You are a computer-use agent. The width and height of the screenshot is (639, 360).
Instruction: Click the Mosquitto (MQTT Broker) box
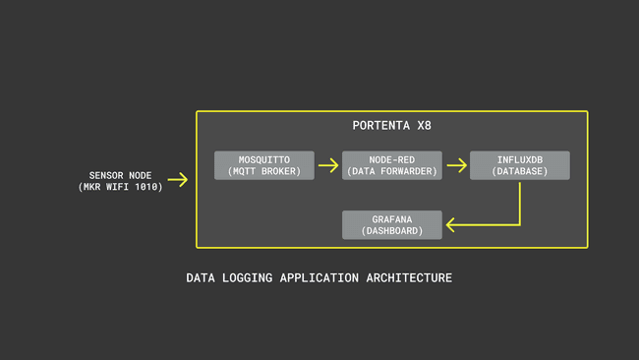(x=264, y=165)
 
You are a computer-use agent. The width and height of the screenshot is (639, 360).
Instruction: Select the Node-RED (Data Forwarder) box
(x=392, y=165)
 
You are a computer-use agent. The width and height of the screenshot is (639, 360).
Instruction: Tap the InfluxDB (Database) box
(x=519, y=165)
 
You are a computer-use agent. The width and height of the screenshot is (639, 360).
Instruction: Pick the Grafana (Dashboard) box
(x=392, y=224)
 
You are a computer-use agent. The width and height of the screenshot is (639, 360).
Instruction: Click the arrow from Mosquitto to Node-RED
(x=328, y=165)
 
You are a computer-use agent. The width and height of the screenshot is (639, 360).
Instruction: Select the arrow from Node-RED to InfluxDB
(x=456, y=165)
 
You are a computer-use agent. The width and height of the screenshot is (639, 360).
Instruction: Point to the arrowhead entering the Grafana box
(x=451, y=224)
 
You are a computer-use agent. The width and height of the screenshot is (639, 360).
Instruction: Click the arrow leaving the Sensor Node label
(x=178, y=180)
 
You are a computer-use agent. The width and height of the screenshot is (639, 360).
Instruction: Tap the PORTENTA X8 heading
(x=391, y=126)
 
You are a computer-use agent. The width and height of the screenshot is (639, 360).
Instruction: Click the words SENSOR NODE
(x=121, y=174)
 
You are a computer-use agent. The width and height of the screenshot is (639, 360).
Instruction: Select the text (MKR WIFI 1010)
(x=121, y=186)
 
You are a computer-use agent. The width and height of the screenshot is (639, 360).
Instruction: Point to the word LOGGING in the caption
(x=249, y=278)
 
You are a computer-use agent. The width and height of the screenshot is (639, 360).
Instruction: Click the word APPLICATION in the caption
(x=319, y=278)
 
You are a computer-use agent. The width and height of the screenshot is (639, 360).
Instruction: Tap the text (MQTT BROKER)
(x=264, y=171)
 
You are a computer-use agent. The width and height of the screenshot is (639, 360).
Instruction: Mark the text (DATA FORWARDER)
(x=392, y=171)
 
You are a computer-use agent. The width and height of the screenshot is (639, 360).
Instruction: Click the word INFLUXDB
(x=519, y=159)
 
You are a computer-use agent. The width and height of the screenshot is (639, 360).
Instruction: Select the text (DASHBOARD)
(x=392, y=231)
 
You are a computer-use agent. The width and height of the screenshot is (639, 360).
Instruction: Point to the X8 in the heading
(x=423, y=126)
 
